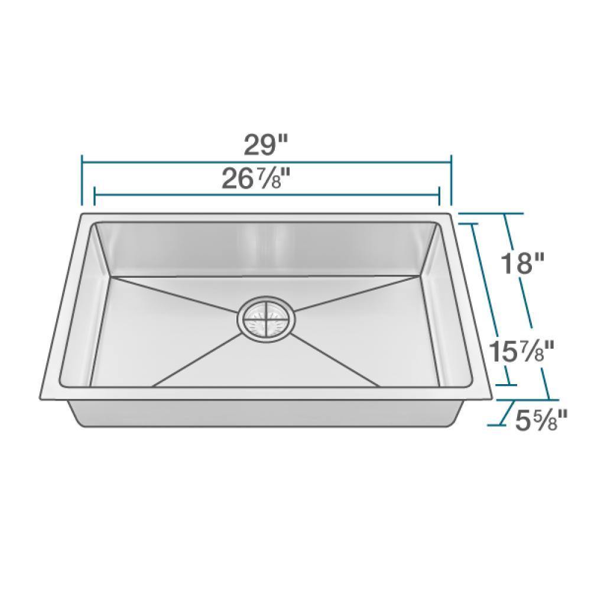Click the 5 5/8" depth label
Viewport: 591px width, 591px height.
539,421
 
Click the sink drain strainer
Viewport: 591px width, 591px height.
265,317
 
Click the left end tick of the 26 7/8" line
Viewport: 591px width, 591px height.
95,196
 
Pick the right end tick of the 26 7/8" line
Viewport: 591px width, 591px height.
439,196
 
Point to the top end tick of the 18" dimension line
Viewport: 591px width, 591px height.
483,213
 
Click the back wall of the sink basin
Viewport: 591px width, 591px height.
266,248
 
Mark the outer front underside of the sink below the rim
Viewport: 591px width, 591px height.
266,414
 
